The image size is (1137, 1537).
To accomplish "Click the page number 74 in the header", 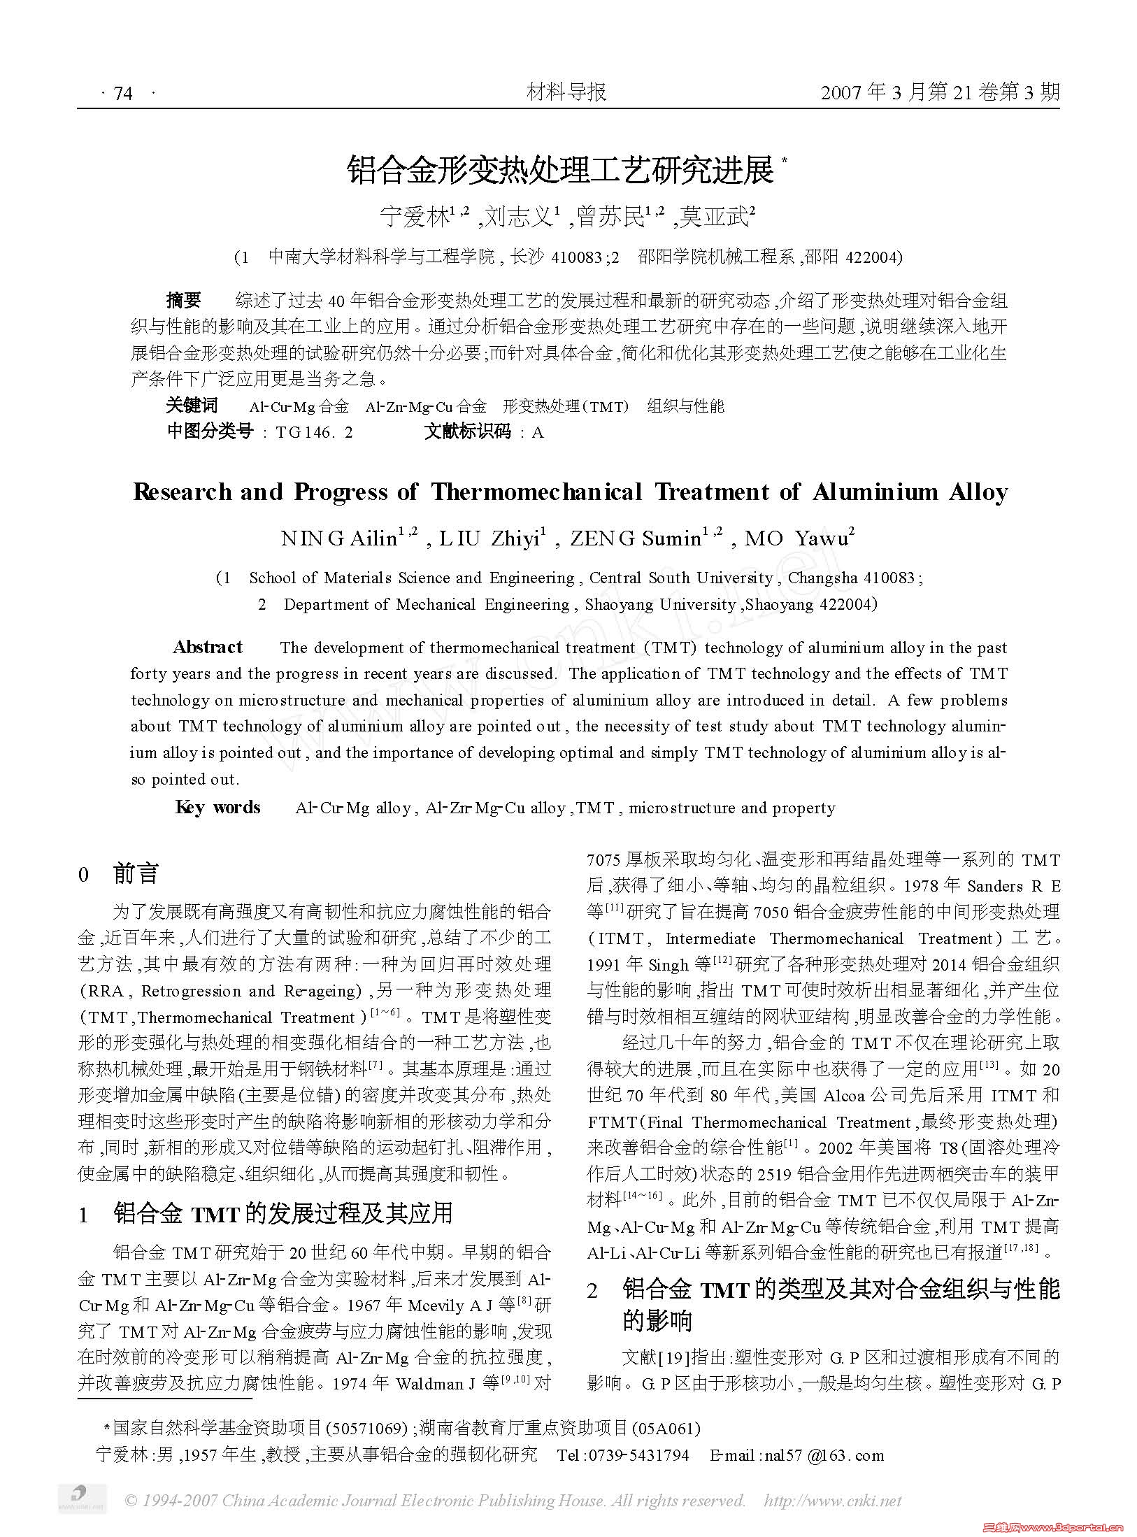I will pyautogui.click(x=122, y=93).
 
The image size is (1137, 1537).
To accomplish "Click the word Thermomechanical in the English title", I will pyautogui.click(x=536, y=492).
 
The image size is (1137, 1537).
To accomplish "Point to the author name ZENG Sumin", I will pyautogui.click(x=635, y=538).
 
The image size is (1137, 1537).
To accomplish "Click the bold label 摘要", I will pyautogui.click(x=184, y=301).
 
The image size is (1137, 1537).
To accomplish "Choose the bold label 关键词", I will pyautogui.click(x=192, y=406).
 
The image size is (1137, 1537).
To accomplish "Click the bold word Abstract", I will pyautogui.click(x=208, y=647).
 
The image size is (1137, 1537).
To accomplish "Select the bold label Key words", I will pyautogui.click(x=217, y=808).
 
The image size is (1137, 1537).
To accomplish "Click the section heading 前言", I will pyautogui.click(x=136, y=873).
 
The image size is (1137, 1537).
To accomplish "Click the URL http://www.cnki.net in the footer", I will pyautogui.click(x=832, y=1501).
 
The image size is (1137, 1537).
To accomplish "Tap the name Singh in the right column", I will pyautogui.click(x=668, y=965).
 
